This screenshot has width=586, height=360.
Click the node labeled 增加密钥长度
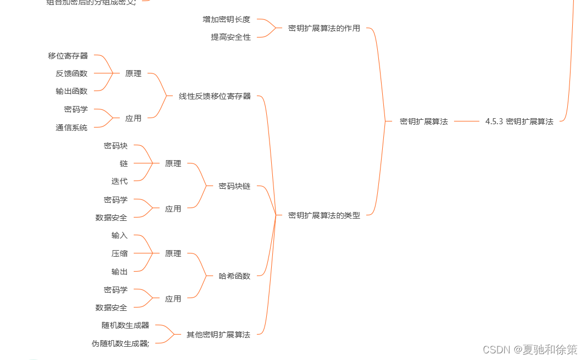(x=226, y=19)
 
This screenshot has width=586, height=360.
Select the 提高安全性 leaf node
(x=231, y=37)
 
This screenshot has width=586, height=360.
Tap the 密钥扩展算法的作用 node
(x=324, y=28)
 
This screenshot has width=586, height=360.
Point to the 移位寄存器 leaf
(x=68, y=56)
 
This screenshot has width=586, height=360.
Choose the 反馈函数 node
(x=71, y=73)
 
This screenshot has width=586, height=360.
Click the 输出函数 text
(x=71, y=91)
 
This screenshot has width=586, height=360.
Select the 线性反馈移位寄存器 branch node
(x=215, y=96)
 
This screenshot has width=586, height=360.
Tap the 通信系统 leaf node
(x=71, y=128)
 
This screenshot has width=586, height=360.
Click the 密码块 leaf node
(x=115, y=146)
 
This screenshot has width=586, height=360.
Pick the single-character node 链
(x=124, y=163)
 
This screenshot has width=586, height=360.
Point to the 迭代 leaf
(x=119, y=181)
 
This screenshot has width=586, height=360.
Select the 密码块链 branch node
(x=234, y=186)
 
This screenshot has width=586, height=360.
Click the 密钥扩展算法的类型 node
(x=324, y=215)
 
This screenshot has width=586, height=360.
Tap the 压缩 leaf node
(x=119, y=253)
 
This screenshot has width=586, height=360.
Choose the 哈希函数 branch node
(x=234, y=276)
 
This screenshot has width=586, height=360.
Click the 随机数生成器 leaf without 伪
(x=125, y=325)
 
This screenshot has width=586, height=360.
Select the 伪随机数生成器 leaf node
(x=120, y=343)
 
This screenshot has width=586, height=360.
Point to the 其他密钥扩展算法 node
(x=218, y=335)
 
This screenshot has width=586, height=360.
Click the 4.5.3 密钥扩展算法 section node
(x=519, y=121)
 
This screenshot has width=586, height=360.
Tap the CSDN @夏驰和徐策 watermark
(x=530, y=350)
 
